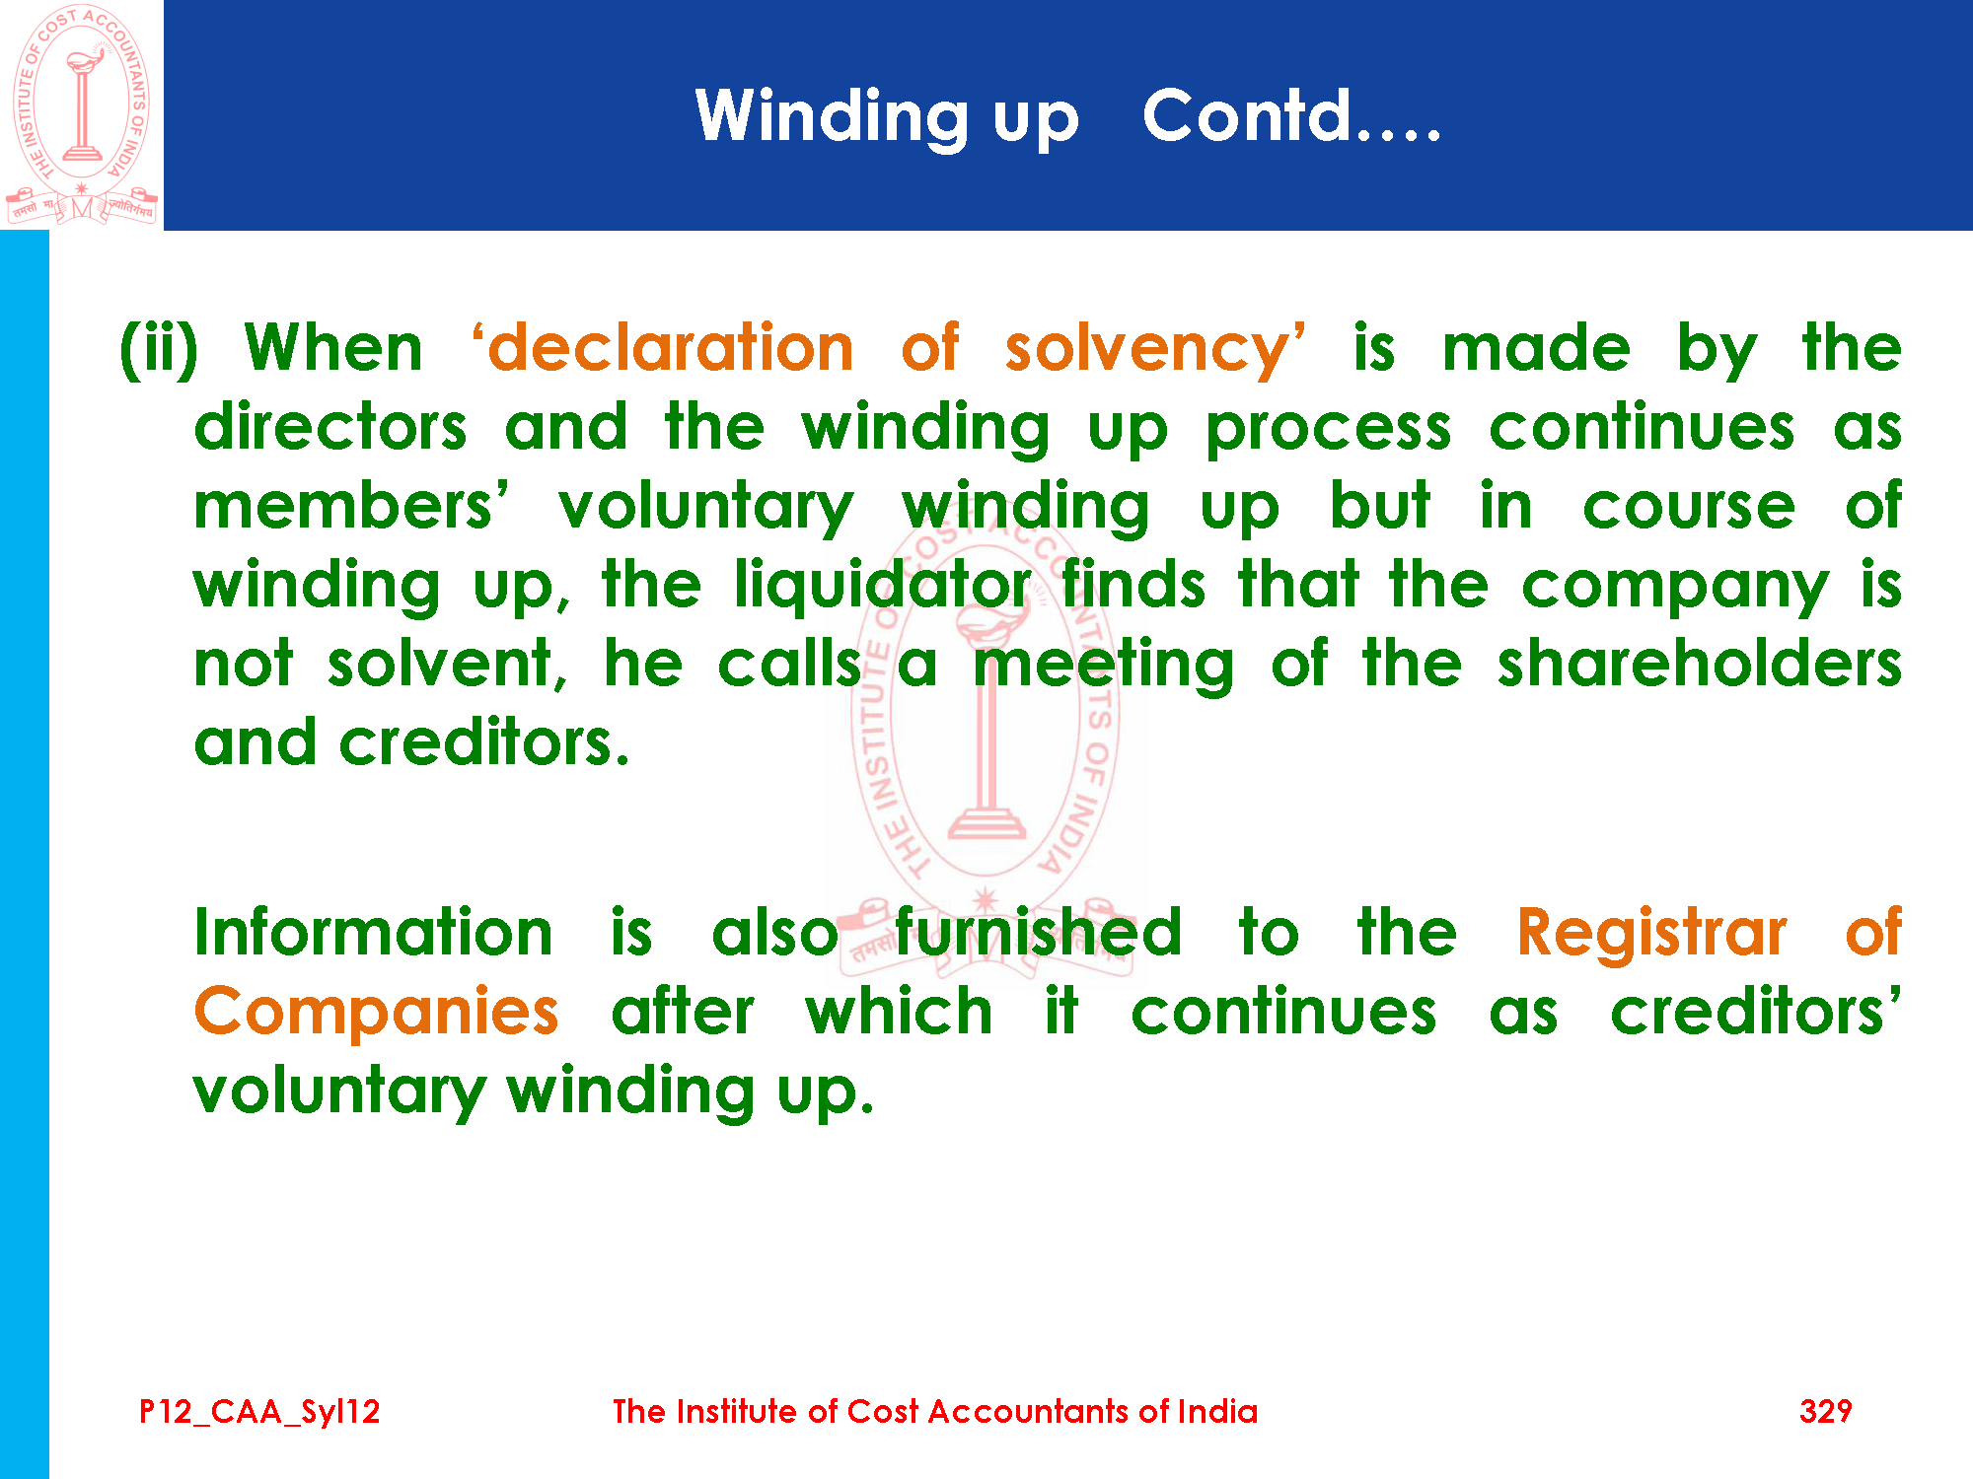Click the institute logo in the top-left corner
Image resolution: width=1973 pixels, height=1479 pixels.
click(82, 114)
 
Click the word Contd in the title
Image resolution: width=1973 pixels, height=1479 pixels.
click(1247, 115)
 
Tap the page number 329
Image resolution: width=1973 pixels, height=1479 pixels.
click(1825, 1411)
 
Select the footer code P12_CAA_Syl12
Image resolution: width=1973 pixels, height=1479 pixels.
click(259, 1412)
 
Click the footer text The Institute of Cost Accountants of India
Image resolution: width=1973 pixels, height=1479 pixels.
click(934, 1411)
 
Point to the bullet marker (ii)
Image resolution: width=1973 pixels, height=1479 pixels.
click(159, 350)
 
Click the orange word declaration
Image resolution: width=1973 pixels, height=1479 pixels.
click(671, 348)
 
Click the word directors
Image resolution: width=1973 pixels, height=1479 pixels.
click(330, 427)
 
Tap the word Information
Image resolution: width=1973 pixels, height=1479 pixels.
click(374, 933)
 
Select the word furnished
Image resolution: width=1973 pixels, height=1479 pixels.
click(1038, 933)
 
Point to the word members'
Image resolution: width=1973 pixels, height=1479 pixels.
click(351, 506)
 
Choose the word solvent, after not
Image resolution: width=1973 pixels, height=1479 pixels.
click(449, 664)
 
